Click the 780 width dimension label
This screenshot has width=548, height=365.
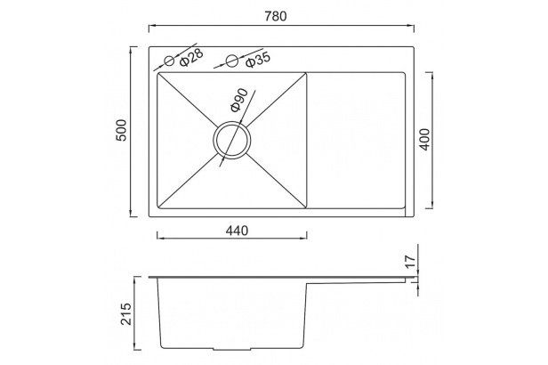click(x=276, y=16)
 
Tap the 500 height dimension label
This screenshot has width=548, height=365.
click(x=121, y=130)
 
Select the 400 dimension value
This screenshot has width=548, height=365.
click(x=424, y=140)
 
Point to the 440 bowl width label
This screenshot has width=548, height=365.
click(x=237, y=231)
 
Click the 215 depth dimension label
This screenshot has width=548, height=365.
click(x=125, y=314)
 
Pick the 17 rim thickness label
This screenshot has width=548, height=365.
click(x=410, y=261)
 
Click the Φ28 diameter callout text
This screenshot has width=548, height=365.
click(x=191, y=57)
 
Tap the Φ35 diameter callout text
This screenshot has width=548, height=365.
click(x=258, y=61)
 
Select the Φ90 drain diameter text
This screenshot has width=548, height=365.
click(x=239, y=101)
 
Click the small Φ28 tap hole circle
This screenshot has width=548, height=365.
click(x=170, y=61)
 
